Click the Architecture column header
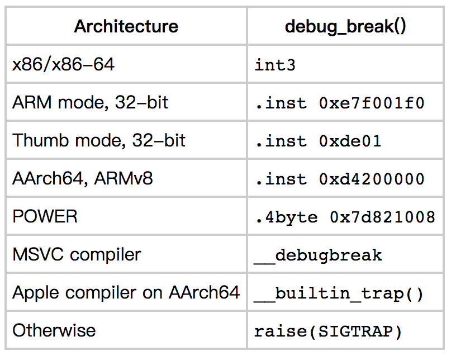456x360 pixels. pos(126,26)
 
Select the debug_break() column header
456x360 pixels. pos(345,26)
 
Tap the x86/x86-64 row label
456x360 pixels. pos(64,64)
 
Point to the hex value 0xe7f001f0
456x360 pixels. pos(372,103)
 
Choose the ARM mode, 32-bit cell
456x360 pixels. pos(91,102)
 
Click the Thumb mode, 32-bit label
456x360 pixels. pos(99,140)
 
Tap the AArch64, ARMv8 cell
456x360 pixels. pos(83,178)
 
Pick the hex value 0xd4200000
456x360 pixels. pos(372,179)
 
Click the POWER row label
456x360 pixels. pos(45,216)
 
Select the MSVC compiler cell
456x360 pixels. pos(77,254)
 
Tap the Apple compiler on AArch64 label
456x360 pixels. pos(126,292)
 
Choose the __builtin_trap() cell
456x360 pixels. pos(339,293)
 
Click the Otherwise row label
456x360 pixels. pos(54,330)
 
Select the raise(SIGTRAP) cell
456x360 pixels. pos(329,331)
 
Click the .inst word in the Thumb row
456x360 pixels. pos(281,141)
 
